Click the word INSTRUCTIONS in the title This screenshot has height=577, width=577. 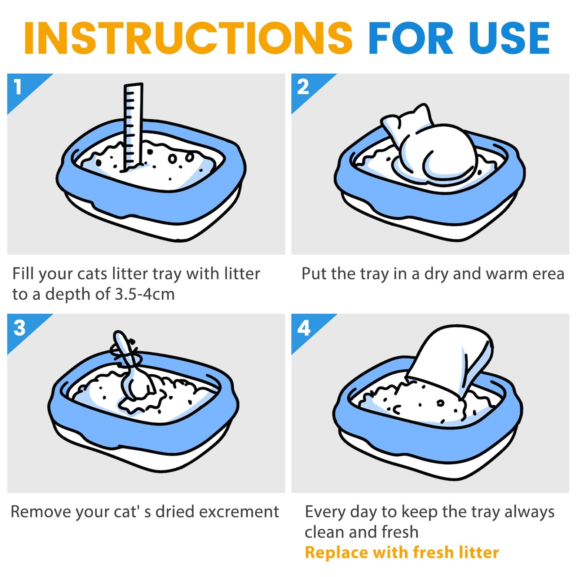click(188, 38)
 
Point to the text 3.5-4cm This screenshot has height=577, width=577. click(145, 294)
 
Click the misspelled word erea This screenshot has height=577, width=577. click(548, 274)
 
